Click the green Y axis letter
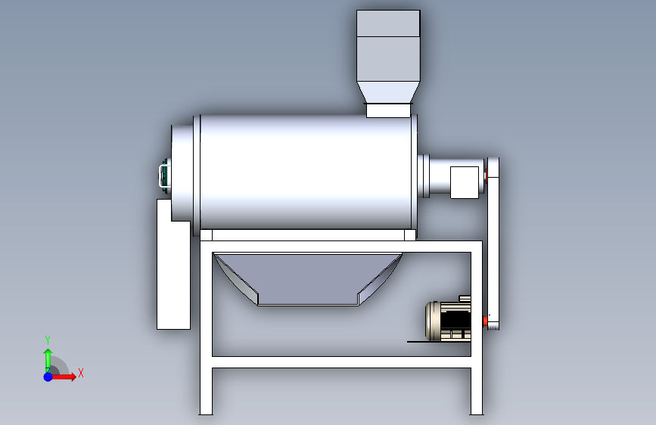click(48, 340)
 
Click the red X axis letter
click(81, 373)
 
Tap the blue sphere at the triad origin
click(48, 377)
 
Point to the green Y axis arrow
click(48, 360)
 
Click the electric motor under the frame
click(448, 321)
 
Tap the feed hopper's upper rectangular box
click(388, 45)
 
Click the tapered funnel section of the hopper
click(388, 92)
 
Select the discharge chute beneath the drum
click(308, 279)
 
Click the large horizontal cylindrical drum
click(305, 172)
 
